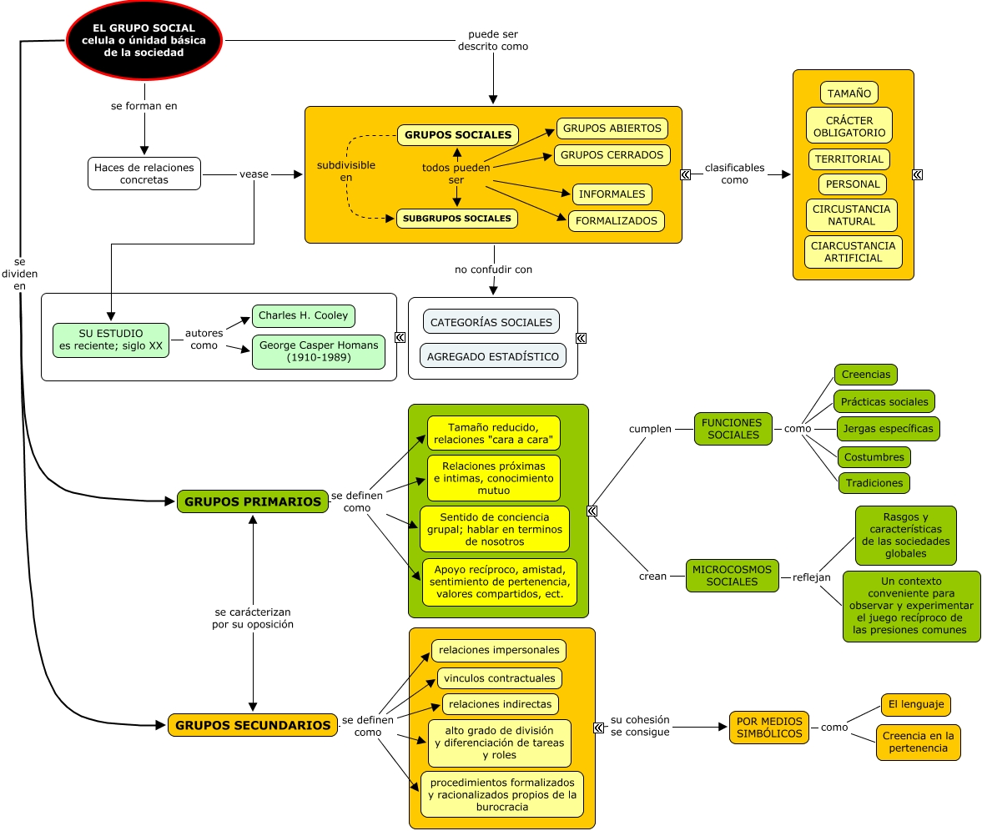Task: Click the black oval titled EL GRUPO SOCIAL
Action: click(144, 40)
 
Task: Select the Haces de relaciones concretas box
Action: click(144, 174)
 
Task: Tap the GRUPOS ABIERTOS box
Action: click(612, 128)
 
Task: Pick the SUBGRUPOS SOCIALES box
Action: click(456, 219)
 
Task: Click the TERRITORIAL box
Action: click(849, 159)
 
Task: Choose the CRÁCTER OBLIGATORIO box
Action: click(849, 126)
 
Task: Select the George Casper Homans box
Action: click(319, 351)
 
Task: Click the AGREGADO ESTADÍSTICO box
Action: click(492, 356)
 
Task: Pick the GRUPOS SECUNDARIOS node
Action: click(252, 725)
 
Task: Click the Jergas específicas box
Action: click(888, 429)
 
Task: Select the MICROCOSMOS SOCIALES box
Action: click(732, 576)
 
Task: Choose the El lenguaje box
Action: click(915, 705)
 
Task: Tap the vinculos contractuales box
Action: click(499, 678)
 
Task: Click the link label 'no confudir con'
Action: click(493, 269)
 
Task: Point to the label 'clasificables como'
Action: click(734, 174)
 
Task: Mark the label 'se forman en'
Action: click(144, 106)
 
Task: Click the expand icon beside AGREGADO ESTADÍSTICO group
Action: click(581, 338)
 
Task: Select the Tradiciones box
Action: click(874, 483)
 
